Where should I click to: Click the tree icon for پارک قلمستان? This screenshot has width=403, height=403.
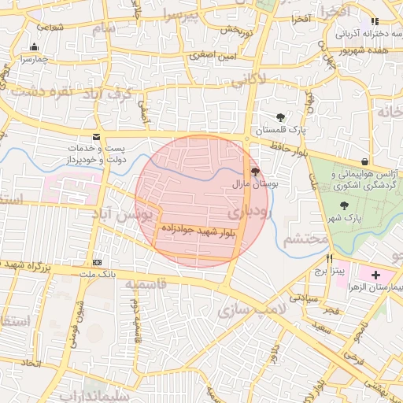[x=280, y=117]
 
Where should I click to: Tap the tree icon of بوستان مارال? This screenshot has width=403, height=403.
[x=254, y=171]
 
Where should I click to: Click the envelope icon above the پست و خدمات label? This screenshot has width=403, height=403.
[x=96, y=136]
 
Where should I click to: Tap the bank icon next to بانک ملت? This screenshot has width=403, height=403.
[x=97, y=262]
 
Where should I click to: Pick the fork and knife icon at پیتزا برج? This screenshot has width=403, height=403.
[x=329, y=258]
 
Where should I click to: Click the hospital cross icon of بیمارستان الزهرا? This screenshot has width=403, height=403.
[x=375, y=275]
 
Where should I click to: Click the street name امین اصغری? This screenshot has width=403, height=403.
[x=208, y=56]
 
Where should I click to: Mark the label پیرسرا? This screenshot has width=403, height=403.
[x=183, y=15]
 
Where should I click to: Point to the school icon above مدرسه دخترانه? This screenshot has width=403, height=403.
[x=375, y=21]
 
